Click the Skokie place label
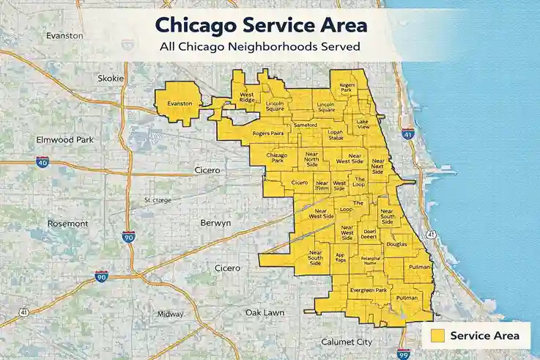pos(111,78)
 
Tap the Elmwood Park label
pos(61,139)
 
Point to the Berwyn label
pos(216,222)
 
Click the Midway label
pos(171,314)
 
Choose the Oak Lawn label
pos(265,312)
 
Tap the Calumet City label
pos(347,342)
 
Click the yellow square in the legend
pos(438,336)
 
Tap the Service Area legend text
pos(484,336)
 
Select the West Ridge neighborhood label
pos(247,98)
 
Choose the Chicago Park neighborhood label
pos(277,158)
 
